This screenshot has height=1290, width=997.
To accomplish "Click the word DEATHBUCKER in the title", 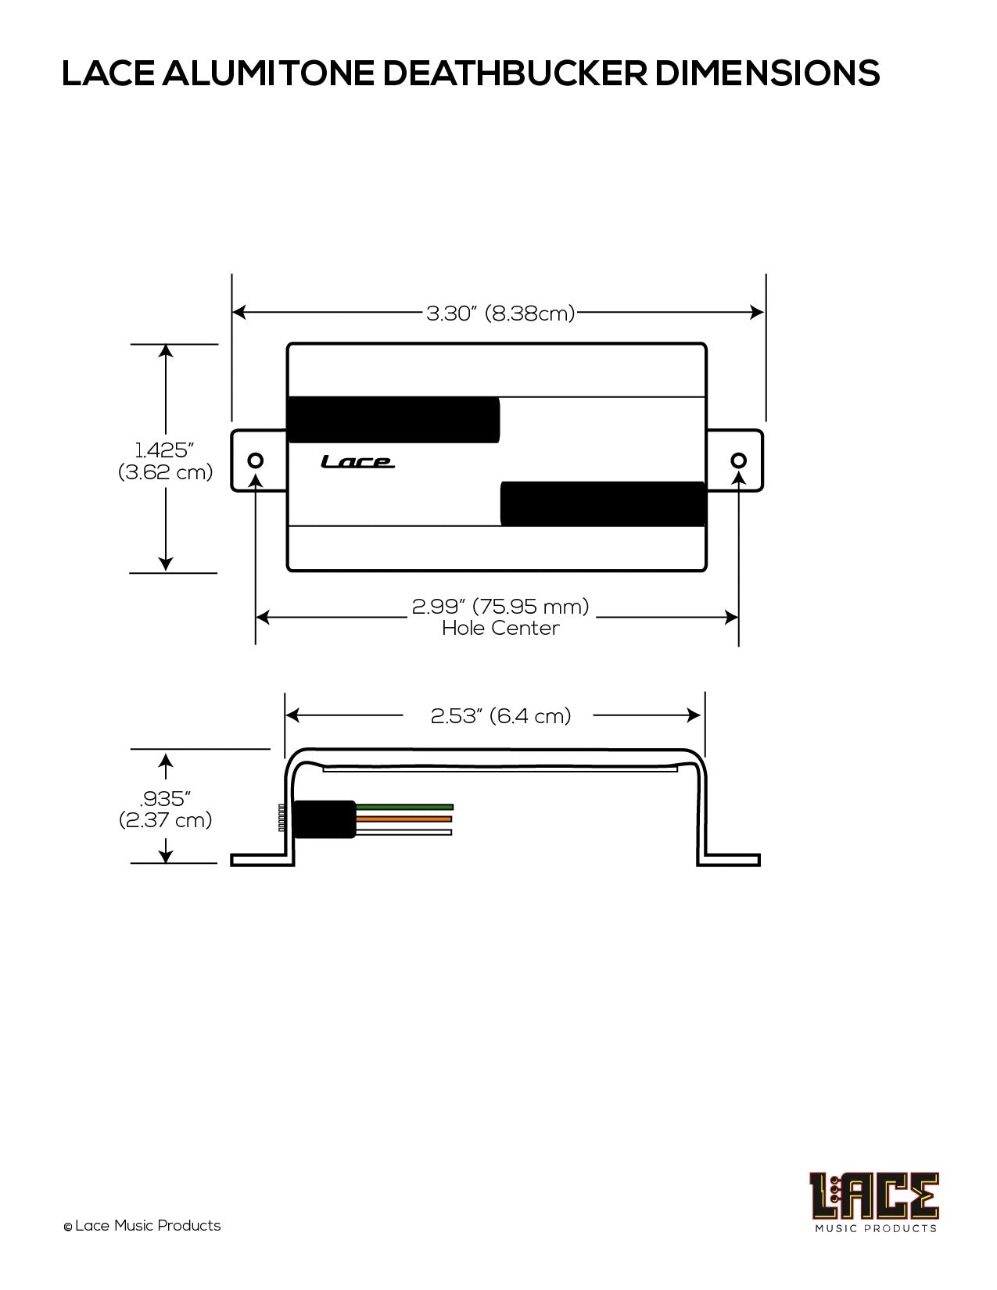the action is tap(515, 73).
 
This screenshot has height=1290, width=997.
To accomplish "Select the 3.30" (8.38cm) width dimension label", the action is tap(500, 313).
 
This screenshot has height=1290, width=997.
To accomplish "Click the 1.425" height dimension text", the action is tap(164, 450).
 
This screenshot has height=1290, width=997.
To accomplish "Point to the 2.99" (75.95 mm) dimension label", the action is tap(500, 607).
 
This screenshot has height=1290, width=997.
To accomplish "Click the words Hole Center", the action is tap(500, 628).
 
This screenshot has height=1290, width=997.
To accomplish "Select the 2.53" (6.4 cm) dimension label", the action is tap(500, 716).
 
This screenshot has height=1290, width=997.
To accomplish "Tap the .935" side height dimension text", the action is tap(164, 799).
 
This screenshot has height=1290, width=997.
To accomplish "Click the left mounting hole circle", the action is tap(256, 460).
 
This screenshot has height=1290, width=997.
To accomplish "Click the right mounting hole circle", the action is tap(739, 460).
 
